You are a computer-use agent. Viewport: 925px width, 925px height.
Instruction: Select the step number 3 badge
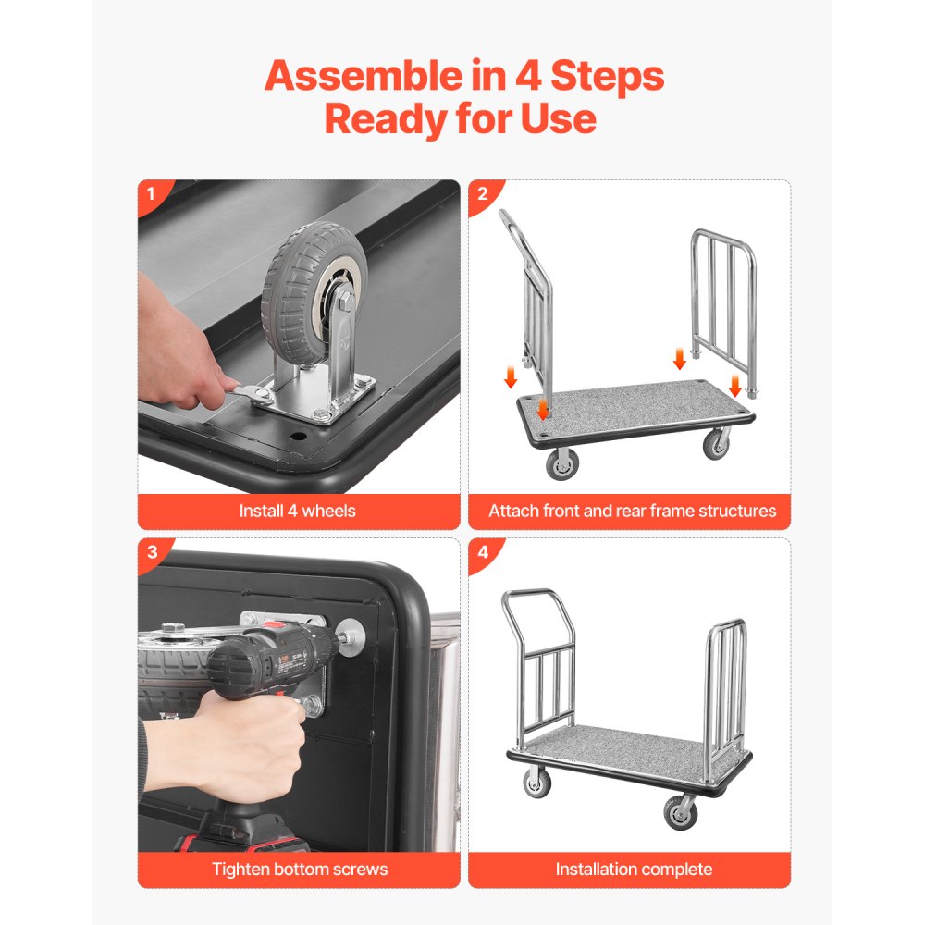(x=152, y=553)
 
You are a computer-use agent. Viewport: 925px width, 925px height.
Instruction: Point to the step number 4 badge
(x=482, y=553)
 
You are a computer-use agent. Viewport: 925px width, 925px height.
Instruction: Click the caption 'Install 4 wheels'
(x=297, y=511)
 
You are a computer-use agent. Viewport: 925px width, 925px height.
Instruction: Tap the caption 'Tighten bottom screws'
(x=300, y=869)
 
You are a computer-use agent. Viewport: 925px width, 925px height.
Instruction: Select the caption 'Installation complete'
(x=634, y=869)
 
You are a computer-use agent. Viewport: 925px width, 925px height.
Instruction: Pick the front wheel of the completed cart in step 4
(x=681, y=811)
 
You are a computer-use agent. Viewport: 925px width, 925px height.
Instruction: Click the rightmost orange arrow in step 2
(x=735, y=384)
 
